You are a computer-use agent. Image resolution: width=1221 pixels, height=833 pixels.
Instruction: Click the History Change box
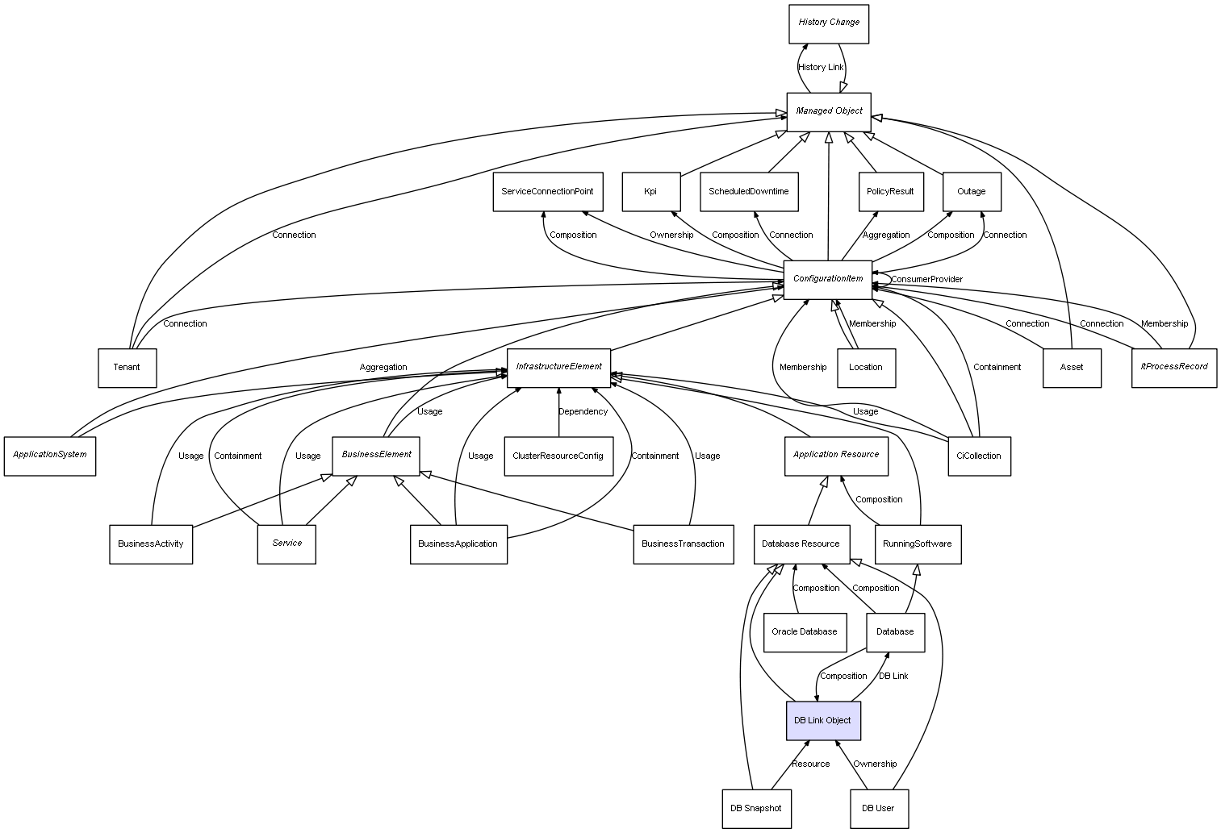[828, 23]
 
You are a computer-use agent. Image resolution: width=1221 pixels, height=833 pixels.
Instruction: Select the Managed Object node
[829, 111]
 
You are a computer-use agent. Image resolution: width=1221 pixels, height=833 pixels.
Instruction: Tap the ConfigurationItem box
[828, 279]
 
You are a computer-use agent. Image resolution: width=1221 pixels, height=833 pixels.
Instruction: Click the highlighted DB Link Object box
[823, 720]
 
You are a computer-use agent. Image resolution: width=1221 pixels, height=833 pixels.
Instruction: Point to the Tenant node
[127, 368]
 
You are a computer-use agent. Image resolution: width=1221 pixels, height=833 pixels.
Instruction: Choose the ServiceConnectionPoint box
[546, 192]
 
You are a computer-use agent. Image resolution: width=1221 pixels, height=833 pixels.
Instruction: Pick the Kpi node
[650, 192]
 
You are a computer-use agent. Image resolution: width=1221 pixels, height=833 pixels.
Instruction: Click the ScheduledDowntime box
[749, 192]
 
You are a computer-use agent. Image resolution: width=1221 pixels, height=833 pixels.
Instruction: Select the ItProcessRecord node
[1173, 367]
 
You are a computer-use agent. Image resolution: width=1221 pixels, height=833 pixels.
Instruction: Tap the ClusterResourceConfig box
[558, 456]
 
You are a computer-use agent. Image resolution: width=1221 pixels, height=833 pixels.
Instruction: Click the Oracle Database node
[804, 632]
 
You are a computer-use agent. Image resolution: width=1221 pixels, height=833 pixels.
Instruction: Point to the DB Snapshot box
[755, 808]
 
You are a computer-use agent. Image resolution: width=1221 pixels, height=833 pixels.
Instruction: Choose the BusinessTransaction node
[683, 544]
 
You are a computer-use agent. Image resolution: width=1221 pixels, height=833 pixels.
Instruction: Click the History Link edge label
[820, 68]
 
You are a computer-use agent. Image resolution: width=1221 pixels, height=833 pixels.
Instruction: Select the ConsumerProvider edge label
[926, 280]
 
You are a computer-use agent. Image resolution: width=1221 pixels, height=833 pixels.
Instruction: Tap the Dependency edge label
[583, 412]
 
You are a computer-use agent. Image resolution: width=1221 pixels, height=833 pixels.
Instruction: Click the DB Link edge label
[893, 677]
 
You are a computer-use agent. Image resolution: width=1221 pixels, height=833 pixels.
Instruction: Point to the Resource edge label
[810, 764]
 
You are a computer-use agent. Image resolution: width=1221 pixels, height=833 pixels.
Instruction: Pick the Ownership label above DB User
[875, 764]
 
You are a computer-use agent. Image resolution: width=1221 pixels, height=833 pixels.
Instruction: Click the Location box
[866, 368]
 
